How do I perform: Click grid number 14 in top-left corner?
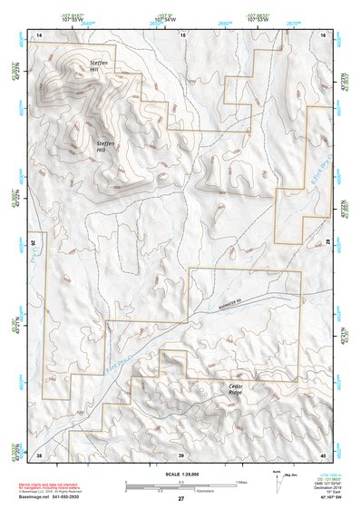(x=39, y=34)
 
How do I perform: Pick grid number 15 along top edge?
(x=182, y=34)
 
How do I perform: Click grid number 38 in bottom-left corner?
(x=39, y=454)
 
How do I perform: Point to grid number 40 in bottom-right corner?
(x=324, y=454)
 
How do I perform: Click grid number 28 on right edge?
(x=328, y=243)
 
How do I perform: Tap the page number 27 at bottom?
(x=180, y=500)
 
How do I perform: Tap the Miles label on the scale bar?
(x=239, y=481)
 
